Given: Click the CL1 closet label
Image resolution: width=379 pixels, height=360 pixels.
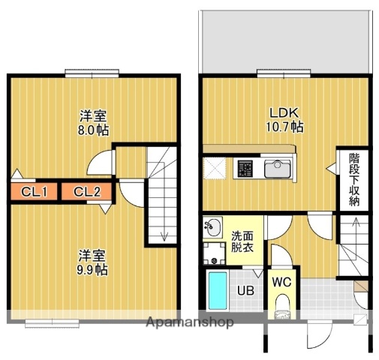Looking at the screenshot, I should tap(35, 193).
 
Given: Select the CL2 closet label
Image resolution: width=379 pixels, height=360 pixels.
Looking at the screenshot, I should tap(87, 193).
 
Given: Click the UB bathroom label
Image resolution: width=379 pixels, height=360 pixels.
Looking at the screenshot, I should tap(245, 289).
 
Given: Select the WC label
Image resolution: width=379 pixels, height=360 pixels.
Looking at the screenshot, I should tap(281, 283).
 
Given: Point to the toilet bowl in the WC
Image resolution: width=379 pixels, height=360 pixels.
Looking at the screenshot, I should tap(282, 307).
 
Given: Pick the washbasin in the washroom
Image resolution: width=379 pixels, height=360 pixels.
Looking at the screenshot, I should tap(212, 224).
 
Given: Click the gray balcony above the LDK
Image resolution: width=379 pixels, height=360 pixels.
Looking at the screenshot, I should tap(285, 41).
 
